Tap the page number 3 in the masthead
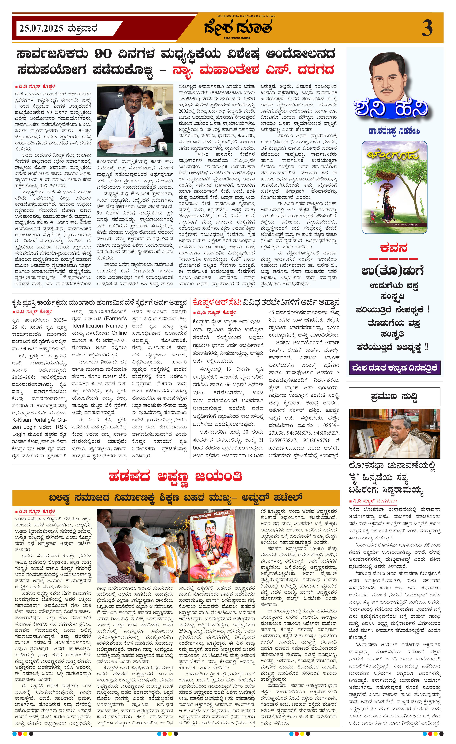click(427, 29)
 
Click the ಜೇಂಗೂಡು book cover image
click(394, 187)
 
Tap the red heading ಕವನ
click(394, 248)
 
